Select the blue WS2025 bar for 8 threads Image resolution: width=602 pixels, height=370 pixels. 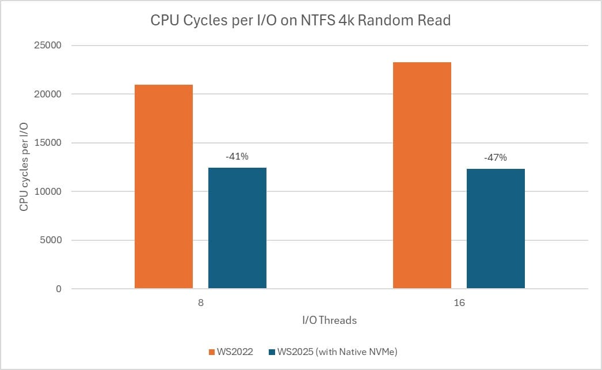237,228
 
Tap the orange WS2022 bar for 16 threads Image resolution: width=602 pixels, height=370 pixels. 422,175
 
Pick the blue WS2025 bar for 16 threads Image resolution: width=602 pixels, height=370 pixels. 496,228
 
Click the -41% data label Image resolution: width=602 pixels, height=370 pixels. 237,156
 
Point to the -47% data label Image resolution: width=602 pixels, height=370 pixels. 496,157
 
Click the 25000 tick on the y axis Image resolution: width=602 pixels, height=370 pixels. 50,46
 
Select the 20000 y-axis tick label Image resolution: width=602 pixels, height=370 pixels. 50,94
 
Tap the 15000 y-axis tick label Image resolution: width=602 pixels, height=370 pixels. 50,143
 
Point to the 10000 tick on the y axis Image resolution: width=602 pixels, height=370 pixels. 50,191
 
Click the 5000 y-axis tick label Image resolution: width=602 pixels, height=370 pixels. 52,240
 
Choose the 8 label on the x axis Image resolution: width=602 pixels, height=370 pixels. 200,303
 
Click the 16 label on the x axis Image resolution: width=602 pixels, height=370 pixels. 459,303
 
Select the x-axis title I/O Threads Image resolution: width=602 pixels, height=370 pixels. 330,320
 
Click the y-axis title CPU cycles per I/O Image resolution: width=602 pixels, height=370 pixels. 24,167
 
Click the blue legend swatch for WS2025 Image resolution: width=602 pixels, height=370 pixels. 272,352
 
